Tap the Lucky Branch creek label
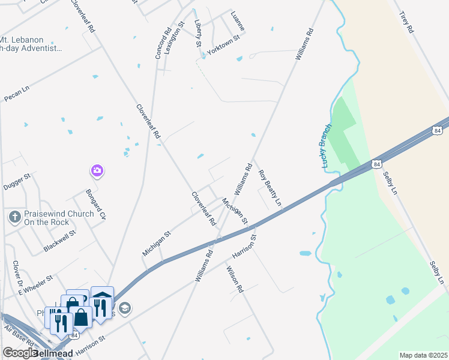pos(325,146)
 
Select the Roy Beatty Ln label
pos(270,188)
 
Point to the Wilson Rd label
pos(235,280)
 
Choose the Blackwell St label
pos(59,241)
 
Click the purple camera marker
pos(97,171)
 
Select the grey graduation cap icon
pos(124,308)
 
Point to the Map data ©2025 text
pos(423,355)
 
